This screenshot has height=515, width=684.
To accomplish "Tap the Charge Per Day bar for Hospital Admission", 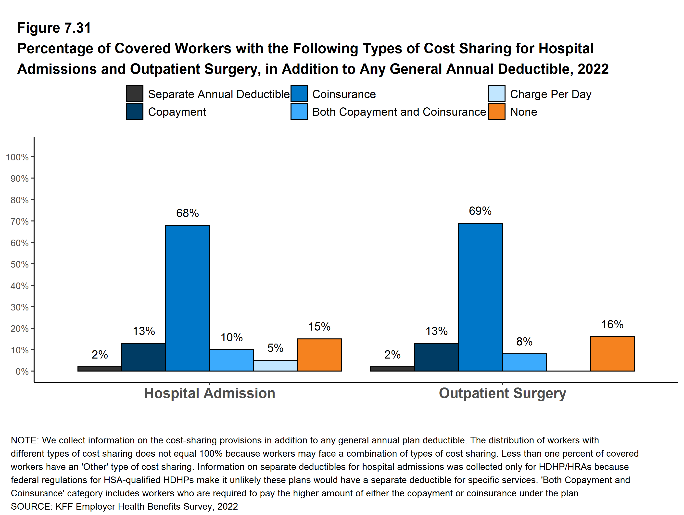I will pos(276,365).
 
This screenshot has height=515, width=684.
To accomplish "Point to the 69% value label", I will pos(480,211).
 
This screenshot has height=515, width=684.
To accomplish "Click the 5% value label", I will pos(275,348).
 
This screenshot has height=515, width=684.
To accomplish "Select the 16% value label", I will pos(612,324).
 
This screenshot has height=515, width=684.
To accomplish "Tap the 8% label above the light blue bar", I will pos(524,341).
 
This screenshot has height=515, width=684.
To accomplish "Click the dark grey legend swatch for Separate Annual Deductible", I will pos(135,94).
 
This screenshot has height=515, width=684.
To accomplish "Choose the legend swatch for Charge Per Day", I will pos(497,94).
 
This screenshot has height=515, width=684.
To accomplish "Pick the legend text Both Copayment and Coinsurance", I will pos(399,112).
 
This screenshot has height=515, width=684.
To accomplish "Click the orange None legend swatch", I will pos(497,111).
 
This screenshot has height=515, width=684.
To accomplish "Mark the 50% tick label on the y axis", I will pos(19,264).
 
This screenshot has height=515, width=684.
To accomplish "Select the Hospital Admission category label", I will pos(209,393).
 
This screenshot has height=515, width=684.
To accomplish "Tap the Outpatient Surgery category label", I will pos(502,393).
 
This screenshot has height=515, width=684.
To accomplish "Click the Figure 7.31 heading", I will pos(54,28).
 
